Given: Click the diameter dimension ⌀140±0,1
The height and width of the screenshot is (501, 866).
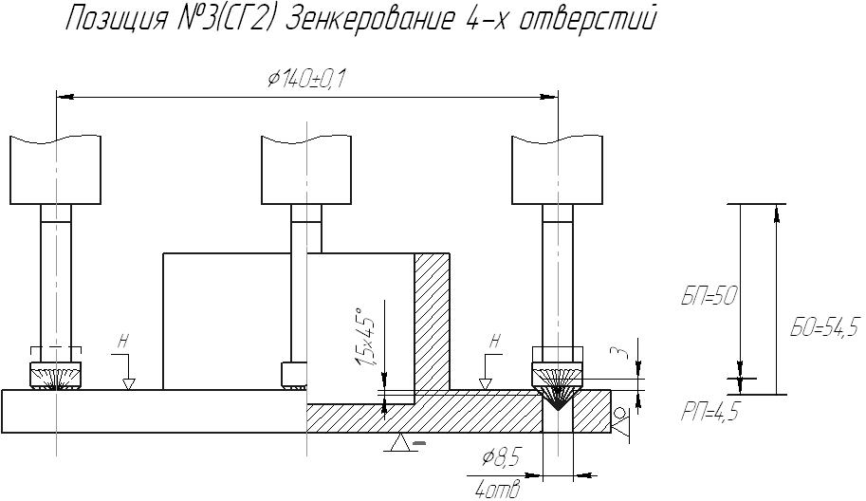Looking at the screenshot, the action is (x=306, y=80).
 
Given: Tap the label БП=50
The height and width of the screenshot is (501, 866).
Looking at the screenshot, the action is (x=709, y=297).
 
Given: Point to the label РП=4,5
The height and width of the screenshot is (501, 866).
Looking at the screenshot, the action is (x=709, y=413).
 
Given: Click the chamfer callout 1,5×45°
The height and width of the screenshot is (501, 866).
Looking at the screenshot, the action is (x=365, y=336).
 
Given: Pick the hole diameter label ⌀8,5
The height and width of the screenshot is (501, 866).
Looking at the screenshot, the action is (x=502, y=458).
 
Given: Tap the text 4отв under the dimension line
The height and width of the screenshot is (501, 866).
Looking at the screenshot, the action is (x=498, y=490).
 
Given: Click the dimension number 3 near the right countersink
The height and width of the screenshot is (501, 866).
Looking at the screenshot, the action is (x=623, y=352).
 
